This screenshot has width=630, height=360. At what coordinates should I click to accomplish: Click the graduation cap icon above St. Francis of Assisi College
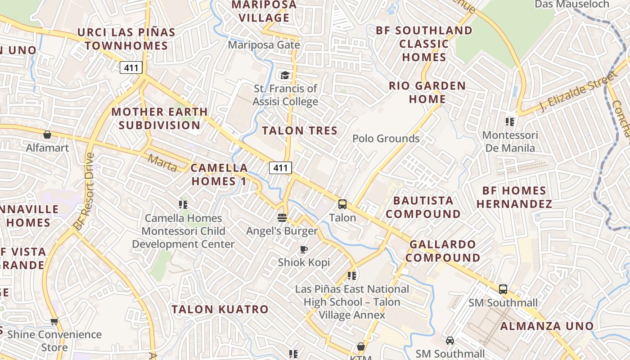285,75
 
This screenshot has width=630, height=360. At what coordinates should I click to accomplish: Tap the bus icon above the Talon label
342,204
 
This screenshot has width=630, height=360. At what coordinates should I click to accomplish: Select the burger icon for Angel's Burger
282,218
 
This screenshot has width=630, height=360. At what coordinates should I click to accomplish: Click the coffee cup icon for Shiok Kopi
304,249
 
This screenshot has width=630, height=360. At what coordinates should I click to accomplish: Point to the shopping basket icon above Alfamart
47,134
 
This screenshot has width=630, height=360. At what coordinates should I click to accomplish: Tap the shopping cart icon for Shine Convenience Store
54,321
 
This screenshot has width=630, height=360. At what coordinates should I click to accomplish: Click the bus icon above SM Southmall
503,289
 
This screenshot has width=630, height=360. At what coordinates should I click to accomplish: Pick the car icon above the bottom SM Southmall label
450,341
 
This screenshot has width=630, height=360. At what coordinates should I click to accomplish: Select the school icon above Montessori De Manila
510,121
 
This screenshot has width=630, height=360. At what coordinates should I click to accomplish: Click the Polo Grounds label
386,139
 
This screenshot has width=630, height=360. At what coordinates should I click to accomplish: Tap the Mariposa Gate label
264,45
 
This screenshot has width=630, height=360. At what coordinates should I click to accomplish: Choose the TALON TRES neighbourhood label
300,130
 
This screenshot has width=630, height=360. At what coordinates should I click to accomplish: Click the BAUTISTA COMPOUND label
423,207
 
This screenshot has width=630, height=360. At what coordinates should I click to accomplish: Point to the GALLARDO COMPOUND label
442,251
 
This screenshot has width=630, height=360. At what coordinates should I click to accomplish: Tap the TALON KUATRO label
220,310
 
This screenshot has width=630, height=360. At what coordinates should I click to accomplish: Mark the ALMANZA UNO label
547,326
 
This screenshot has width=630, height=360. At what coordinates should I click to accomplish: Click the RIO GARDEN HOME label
427,92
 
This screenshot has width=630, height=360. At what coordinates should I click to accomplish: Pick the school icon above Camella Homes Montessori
183,205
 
